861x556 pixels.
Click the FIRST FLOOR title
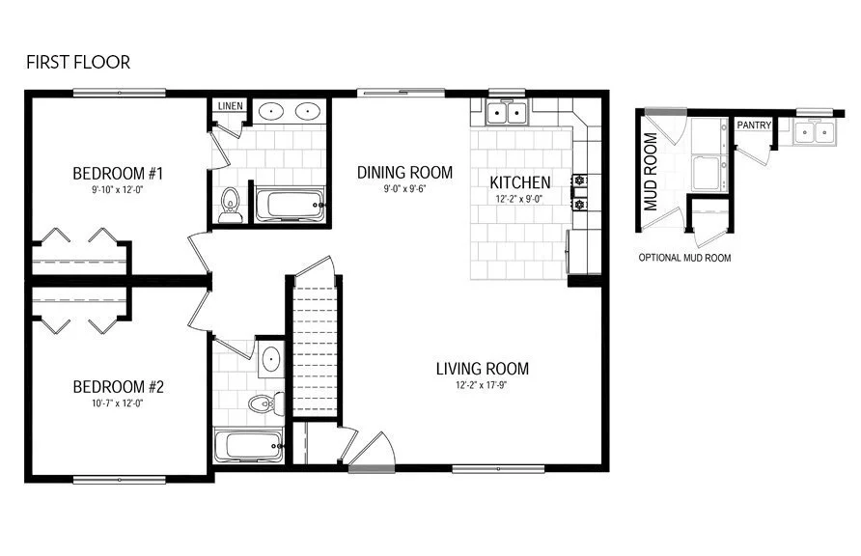click(77, 63)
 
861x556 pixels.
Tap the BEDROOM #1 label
click(118, 174)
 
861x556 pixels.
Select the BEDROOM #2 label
click(118, 387)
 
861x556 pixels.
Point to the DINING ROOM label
click(404, 173)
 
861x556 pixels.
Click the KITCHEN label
click(520, 182)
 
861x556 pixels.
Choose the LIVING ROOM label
click(482, 368)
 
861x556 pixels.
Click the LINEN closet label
click(230, 106)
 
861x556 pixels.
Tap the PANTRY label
click(754, 125)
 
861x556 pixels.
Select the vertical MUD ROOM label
click(651, 172)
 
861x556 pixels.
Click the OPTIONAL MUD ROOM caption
click(684, 259)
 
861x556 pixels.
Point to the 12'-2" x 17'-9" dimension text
click(482, 385)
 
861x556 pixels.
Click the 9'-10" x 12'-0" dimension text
click(118, 190)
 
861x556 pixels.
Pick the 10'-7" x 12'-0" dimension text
click(118, 403)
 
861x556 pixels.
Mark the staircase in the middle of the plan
click(314, 347)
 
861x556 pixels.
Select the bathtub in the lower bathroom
click(248, 445)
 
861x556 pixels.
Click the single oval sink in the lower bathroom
click(270, 360)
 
